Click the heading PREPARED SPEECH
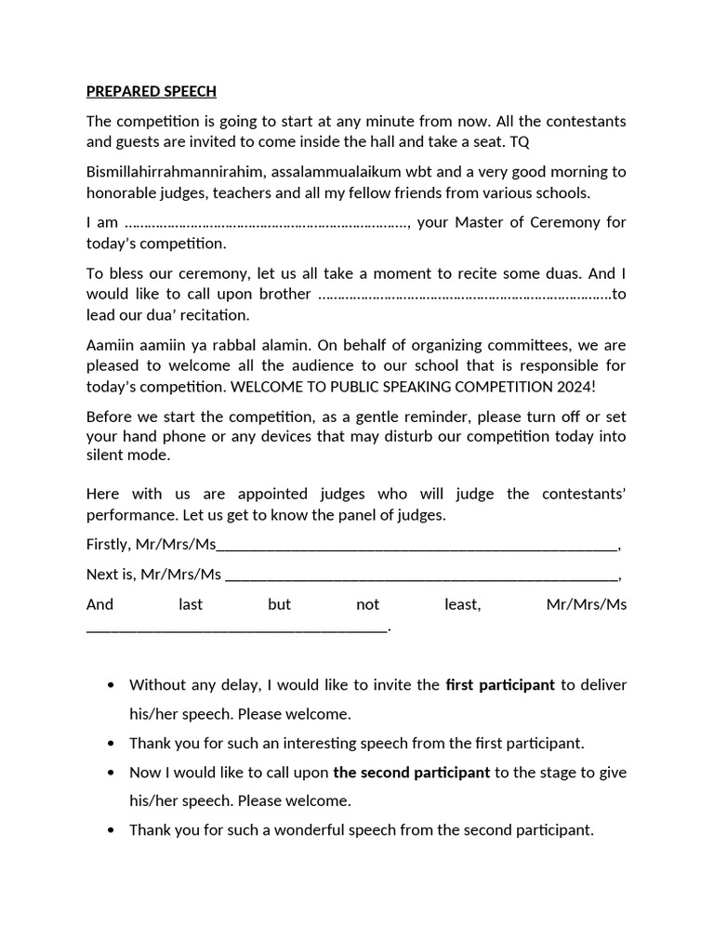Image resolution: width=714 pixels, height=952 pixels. click(151, 91)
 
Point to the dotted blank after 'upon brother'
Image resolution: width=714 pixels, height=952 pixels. click(464, 295)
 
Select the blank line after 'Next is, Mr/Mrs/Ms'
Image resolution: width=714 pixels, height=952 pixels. click(421, 575)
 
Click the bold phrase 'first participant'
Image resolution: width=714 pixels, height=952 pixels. click(500, 685)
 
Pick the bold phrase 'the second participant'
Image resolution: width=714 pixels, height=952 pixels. click(411, 772)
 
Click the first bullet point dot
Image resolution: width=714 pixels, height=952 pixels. click(112, 686)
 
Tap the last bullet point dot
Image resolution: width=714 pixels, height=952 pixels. click(112, 830)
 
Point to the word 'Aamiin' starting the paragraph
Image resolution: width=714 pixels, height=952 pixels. click(111, 345)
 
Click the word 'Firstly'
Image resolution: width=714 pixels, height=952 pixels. click(109, 545)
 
